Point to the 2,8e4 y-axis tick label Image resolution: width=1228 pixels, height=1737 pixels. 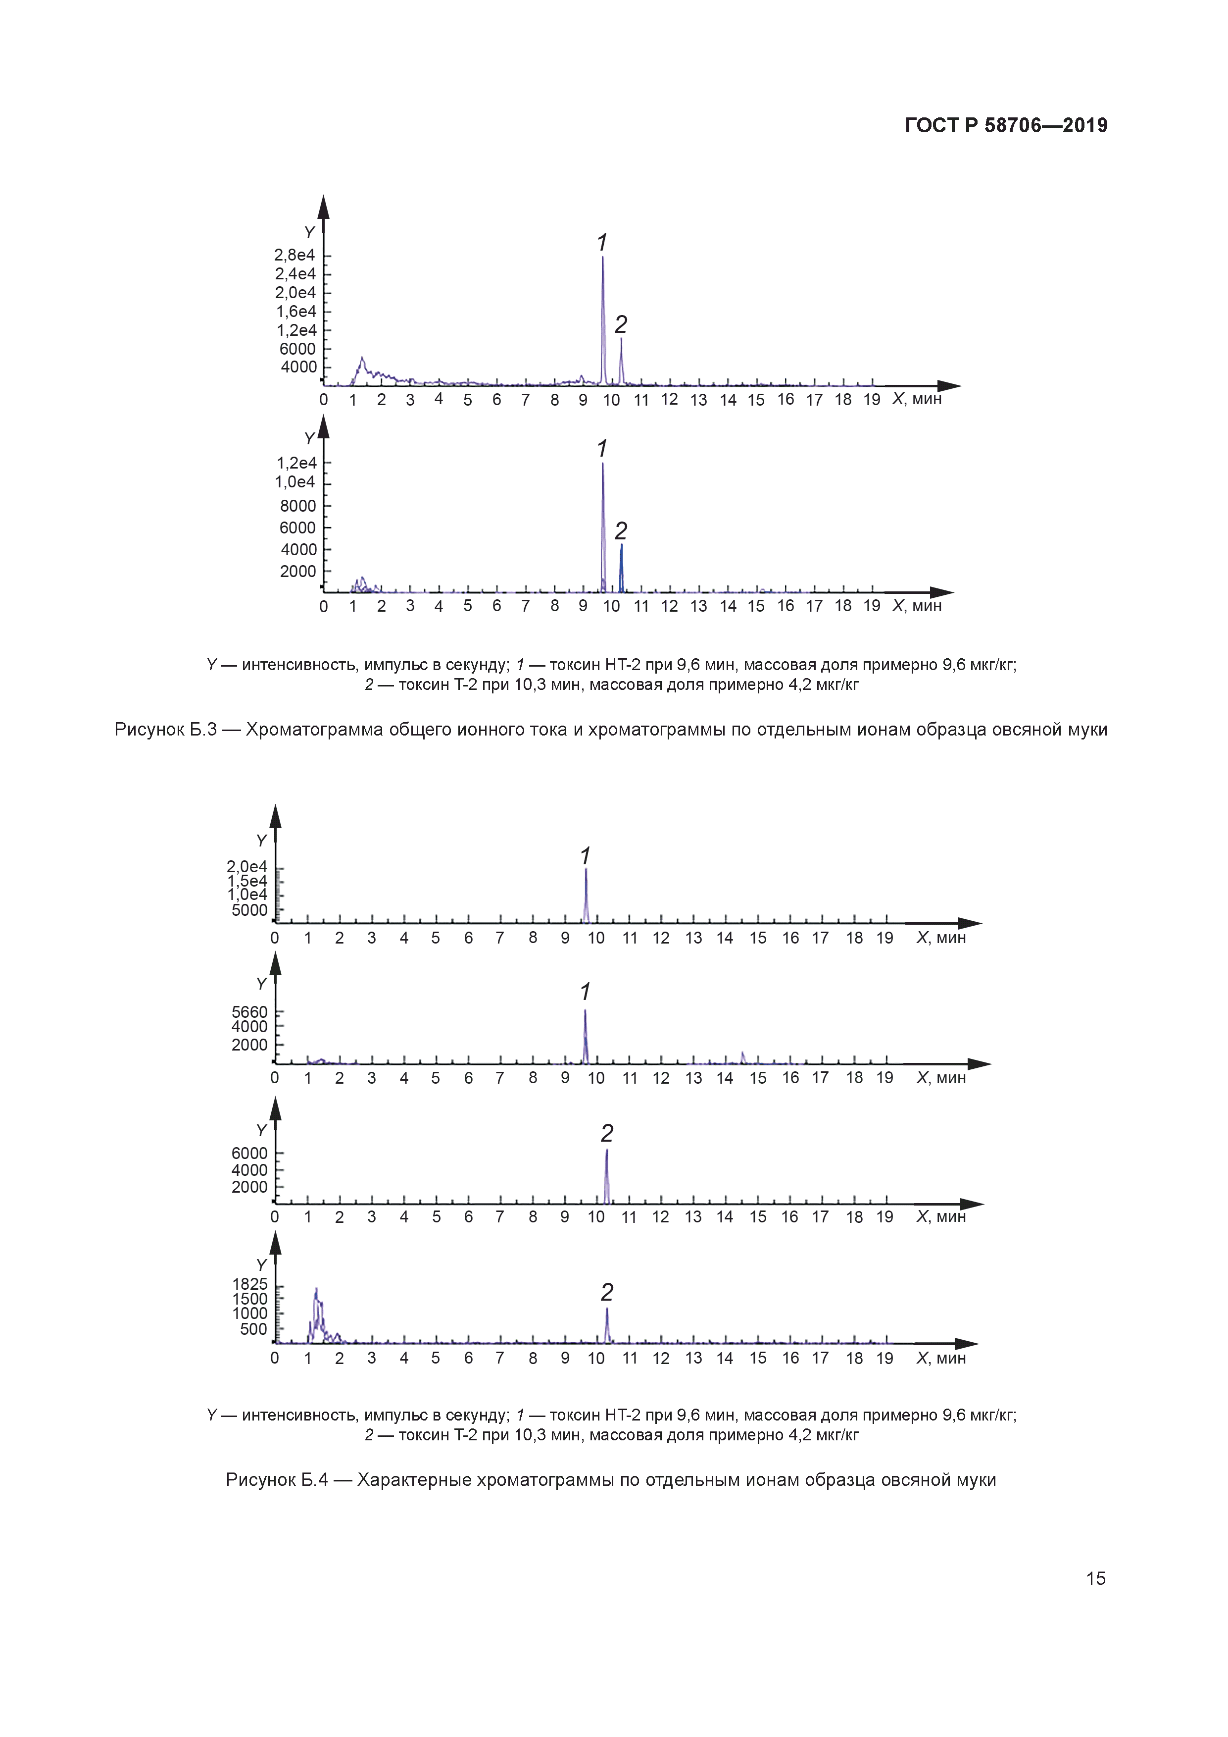coord(295,256)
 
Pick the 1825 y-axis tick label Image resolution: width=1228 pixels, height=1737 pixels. coord(249,1284)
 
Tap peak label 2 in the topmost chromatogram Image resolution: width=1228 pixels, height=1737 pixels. coord(621,324)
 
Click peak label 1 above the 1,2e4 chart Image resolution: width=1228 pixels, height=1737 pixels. coord(602,449)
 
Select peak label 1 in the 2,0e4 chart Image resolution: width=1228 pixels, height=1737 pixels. coord(585,856)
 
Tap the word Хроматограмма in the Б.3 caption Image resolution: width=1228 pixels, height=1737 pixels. coord(315,729)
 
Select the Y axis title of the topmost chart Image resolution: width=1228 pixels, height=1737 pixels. coord(309,233)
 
